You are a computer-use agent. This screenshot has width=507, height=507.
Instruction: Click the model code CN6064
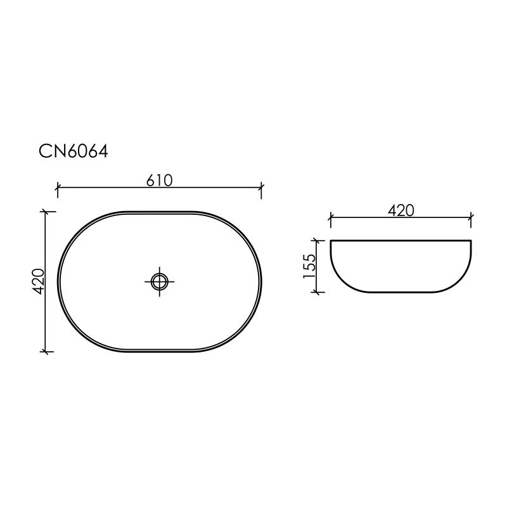(74, 152)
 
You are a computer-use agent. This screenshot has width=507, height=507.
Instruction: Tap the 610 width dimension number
(160, 180)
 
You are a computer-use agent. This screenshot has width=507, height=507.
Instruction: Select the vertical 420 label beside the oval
(38, 281)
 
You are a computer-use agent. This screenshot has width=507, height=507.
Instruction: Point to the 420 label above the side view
(401, 210)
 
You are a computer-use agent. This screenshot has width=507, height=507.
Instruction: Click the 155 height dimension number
(310, 266)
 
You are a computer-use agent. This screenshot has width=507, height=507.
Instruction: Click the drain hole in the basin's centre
(160, 281)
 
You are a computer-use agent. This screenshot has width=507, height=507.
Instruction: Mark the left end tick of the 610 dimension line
(58, 188)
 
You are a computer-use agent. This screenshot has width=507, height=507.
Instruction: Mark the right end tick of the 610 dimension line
(262, 188)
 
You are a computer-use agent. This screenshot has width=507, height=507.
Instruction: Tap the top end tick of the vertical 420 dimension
(44, 211)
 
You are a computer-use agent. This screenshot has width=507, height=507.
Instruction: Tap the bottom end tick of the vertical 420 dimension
(44, 351)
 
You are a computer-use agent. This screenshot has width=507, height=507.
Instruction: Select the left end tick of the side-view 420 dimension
(330, 218)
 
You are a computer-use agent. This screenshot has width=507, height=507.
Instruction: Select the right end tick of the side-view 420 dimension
(471, 218)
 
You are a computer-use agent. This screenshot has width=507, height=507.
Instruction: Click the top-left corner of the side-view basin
(331, 241)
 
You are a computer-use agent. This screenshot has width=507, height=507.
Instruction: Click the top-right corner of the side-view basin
(471, 241)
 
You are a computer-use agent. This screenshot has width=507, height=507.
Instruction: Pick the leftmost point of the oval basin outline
(58, 281)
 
